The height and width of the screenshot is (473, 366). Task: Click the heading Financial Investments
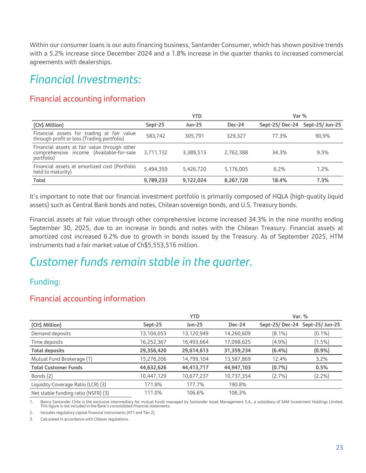85,80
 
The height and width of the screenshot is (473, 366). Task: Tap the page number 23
339,447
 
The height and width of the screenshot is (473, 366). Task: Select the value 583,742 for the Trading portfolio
154,136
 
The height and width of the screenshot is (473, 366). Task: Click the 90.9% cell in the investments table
322,136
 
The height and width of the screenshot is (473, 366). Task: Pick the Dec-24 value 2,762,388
236,152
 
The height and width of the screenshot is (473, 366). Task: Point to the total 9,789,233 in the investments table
155,180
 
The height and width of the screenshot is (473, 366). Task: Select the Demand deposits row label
51,333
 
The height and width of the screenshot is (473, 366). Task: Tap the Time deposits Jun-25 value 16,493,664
195,342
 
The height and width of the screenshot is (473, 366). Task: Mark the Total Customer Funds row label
57,367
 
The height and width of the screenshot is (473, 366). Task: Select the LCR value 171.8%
153,384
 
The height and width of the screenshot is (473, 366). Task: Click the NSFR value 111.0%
153,393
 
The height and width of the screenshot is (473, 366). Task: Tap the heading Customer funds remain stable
141,262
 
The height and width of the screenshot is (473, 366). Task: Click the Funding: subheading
45,282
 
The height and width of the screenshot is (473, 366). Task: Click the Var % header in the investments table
300,116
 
